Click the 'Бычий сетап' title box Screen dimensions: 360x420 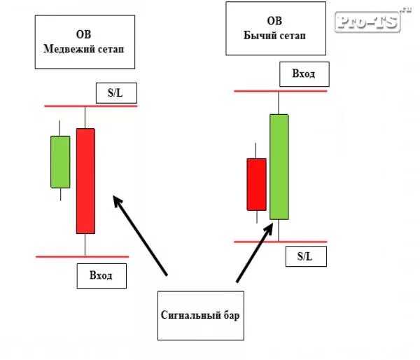[276, 29]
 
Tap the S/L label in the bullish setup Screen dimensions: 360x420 [305, 256]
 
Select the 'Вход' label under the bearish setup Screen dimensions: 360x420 [102, 275]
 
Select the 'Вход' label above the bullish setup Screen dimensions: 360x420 [303, 74]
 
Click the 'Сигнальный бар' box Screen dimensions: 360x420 [200, 316]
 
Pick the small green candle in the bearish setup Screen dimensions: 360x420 [60, 162]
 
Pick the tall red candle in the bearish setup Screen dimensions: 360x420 [85, 181]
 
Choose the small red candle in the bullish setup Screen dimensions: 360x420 [256, 184]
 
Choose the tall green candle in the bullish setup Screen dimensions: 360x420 [279, 167]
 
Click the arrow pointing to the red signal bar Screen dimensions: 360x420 [140, 235]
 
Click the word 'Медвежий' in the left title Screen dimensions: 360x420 [65, 50]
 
